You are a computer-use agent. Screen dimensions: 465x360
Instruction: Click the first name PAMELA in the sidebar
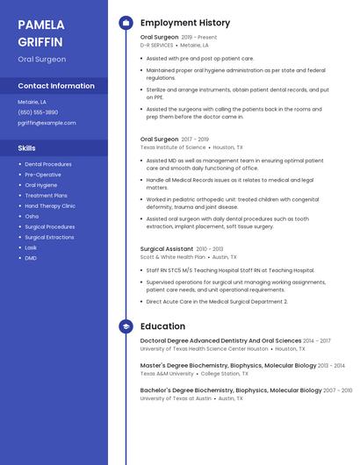click(40, 24)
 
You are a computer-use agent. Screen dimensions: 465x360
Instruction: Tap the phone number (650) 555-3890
click(38, 112)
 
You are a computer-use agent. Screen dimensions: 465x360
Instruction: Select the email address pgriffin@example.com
click(47, 123)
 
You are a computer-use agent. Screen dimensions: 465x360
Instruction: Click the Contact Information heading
click(56, 86)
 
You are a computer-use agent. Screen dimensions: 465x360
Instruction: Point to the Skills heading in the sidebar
click(27, 148)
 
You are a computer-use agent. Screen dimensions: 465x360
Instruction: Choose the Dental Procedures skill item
click(48, 164)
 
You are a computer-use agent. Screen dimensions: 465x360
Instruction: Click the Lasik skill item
click(31, 247)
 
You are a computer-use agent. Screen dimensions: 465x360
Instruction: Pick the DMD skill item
click(31, 258)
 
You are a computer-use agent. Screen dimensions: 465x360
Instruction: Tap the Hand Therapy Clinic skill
click(50, 206)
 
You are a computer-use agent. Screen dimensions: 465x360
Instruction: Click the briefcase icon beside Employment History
click(126, 23)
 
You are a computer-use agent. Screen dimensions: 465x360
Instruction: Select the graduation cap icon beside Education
click(126, 326)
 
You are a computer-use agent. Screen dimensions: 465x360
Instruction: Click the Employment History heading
click(185, 23)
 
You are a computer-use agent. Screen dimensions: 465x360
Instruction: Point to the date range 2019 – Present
click(199, 38)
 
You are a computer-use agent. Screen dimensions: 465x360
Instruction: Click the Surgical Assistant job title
click(167, 249)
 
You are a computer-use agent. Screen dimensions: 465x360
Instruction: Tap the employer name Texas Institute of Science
click(173, 147)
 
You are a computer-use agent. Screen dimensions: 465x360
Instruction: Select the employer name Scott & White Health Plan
click(173, 257)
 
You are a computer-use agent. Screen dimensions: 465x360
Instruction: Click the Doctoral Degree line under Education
click(220, 340)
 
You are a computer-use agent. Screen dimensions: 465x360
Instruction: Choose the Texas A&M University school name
click(167, 373)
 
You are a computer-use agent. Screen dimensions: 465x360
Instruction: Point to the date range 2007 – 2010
click(336, 390)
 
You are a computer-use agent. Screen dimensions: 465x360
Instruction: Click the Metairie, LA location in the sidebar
click(32, 102)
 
